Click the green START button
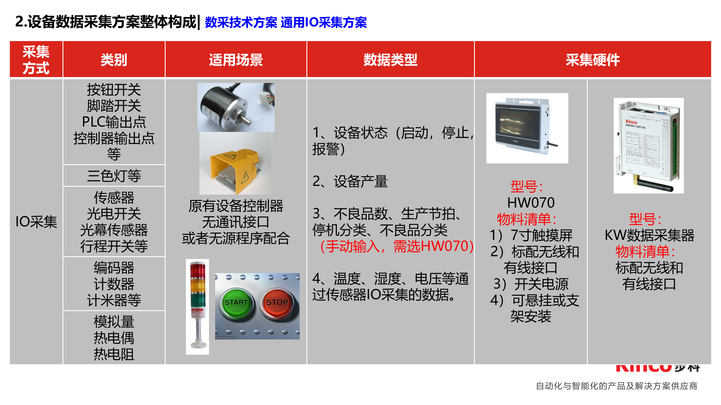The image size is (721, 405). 236,303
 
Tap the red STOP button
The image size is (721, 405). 277,303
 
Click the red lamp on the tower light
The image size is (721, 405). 198,270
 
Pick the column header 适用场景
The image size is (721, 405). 236,60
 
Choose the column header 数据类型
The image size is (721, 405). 390,60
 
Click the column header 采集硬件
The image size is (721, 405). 593,60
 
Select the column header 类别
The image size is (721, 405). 114,60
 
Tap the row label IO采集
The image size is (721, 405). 36,222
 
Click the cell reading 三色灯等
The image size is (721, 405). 114,176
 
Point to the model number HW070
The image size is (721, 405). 531,202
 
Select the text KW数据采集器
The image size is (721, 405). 649,235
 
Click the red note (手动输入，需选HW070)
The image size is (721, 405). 397,246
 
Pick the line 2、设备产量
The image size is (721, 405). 350,181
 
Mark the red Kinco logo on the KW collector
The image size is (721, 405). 631,122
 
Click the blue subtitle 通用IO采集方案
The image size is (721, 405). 324,22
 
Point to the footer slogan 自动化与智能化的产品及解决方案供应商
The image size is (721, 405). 617,386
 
